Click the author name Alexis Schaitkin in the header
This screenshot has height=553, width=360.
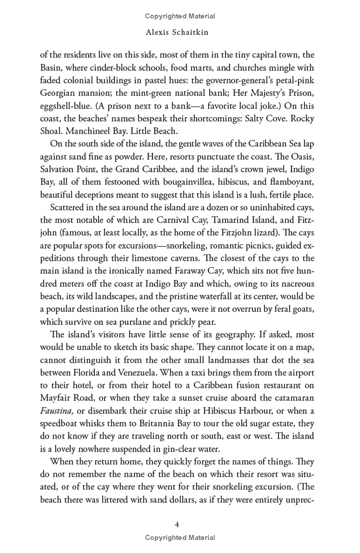pyautogui.click(x=180, y=33)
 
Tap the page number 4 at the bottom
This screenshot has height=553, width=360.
pyautogui.click(x=180, y=525)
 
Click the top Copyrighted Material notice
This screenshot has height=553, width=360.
pyautogui.click(x=180, y=16)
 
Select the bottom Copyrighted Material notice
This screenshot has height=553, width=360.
pyautogui.click(x=180, y=538)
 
